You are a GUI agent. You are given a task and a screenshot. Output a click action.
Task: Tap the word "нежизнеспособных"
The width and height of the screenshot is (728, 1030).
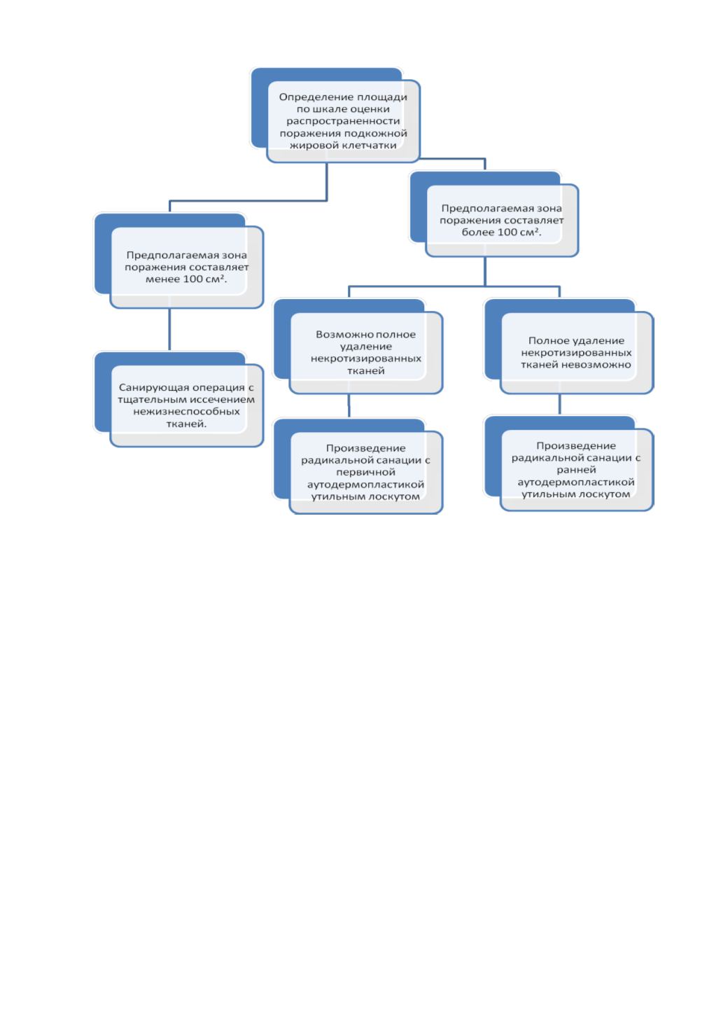click(x=187, y=412)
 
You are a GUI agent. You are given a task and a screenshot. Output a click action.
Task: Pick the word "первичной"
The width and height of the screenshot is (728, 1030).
click(x=366, y=472)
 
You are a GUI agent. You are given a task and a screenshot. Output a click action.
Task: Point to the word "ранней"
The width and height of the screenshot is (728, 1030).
click(x=576, y=470)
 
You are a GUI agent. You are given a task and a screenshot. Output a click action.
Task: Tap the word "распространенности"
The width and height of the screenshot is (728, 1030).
click(x=343, y=121)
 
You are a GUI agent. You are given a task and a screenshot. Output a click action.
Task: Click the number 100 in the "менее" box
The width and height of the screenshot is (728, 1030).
click(x=193, y=279)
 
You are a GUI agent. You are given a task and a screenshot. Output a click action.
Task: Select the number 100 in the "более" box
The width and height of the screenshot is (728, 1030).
click(x=508, y=232)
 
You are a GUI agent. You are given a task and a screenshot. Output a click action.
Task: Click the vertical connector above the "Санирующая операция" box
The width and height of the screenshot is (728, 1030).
click(x=169, y=330)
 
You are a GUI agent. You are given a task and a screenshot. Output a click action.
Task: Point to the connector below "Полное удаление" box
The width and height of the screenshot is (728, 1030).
click(x=559, y=405)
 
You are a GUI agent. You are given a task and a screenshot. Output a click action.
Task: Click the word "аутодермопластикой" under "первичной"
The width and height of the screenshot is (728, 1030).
click(x=366, y=485)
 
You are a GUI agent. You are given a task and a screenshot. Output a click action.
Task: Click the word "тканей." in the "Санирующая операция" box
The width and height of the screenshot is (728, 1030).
click(x=186, y=424)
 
